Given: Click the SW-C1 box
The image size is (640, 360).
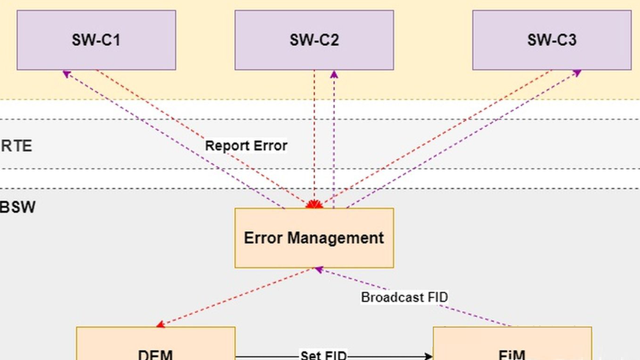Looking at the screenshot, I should pos(96,40).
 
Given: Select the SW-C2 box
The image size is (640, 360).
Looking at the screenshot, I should pos(314,40).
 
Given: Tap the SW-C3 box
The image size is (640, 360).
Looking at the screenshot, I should pos(552,40).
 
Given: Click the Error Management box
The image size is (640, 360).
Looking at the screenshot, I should pos(314,238).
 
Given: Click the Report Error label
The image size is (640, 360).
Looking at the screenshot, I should pos(246,145).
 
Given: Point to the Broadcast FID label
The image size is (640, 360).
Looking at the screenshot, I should pos(404,297).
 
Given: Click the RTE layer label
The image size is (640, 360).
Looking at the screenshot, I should pos(16,145).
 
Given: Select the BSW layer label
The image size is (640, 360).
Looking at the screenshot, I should pos(18,207).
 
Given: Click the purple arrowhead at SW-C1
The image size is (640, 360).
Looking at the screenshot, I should pos(66,73).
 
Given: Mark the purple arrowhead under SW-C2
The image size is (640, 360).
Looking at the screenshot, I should pos(334,74).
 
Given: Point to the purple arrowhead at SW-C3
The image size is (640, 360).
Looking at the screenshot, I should pos(577,73).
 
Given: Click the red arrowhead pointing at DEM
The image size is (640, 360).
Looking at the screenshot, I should pos(159,324).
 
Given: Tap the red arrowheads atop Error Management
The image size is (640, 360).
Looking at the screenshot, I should pos(314,204).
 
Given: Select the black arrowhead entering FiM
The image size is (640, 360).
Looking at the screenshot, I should pos(428,356).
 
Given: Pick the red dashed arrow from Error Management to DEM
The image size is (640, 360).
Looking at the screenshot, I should pos(235,297).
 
